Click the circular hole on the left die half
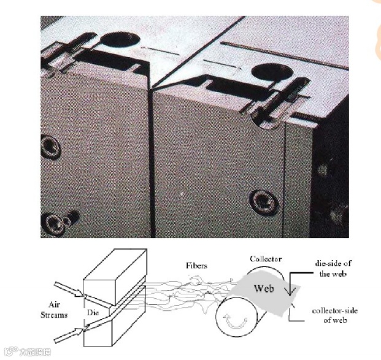tap(118, 41)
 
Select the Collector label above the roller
tap(266, 259)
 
